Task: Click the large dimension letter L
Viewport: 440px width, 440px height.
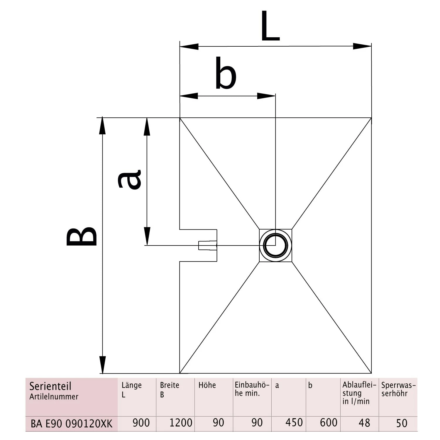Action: click(x=270, y=26)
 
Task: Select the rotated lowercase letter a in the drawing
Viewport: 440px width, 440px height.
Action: click(x=129, y=179)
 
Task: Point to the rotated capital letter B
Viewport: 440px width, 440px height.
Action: click(x=82, y=236)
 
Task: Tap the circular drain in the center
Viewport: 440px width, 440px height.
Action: click(x=275, y=246)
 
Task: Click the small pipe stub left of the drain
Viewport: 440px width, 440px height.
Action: click(x=207, y=246)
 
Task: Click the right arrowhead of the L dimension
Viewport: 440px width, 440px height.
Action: click(x=362, y=46)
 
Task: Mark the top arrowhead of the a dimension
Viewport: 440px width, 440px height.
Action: click(x=147, y=127)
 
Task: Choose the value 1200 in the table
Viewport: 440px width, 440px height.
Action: click(x=181, y=423)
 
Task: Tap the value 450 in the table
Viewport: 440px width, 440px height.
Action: click(x=294, y=423)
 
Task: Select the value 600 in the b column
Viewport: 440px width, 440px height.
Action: click(x=329, y=423)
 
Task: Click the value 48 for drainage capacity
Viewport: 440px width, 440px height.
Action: click(x=364, y=423)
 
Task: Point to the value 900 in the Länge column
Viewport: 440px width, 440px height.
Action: click(x=141, y=423)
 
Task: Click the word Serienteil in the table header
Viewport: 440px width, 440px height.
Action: click(x=50, y=386)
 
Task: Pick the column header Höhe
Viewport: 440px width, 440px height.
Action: click(x=207, y=385)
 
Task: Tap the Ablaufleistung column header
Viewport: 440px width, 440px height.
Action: click(x=359, y=393)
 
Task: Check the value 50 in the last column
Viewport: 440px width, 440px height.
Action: click(x=402, y=423)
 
